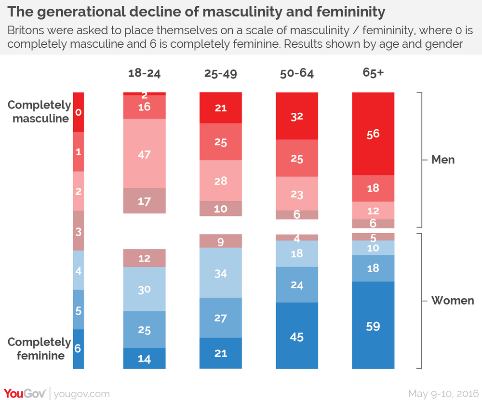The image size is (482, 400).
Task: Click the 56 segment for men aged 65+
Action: [x=374, y=133]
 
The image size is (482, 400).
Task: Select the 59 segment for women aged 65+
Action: [x=374, y=326]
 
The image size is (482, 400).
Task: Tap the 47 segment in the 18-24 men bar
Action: [x=145, y=154]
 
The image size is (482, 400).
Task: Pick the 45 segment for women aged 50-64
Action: [x=297, y=336]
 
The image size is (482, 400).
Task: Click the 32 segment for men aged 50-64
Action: [x=297, y=116]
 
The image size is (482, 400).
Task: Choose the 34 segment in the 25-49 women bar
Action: [x=221, y=274]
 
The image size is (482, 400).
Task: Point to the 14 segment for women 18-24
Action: [x=145, y=358]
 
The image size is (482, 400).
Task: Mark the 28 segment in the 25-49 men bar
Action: [x=221, y=181]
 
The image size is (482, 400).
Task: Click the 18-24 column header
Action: [x=144, y=74]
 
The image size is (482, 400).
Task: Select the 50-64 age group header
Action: [x=297, y=74]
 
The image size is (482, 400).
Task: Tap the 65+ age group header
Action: [x=373, y=74]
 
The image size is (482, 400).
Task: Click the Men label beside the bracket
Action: [x=443, y=160]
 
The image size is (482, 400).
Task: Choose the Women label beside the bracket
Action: [x=453, y=301]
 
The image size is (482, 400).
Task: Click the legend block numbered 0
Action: [x=79, y=112]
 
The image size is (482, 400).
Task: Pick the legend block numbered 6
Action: [x=79, y=348]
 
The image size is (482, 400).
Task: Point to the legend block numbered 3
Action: [x=79, y=230]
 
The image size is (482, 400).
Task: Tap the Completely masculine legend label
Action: [x=39, y=112]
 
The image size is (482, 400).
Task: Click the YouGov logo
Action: [x=25, y=393]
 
